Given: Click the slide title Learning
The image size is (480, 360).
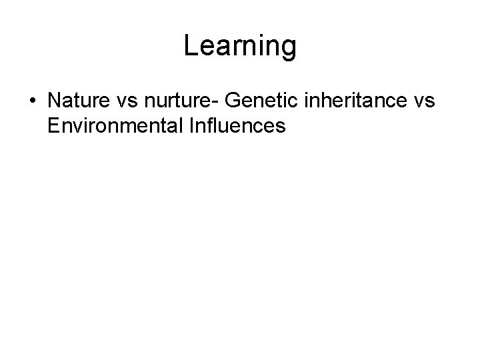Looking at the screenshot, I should click(x=240, y=47).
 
